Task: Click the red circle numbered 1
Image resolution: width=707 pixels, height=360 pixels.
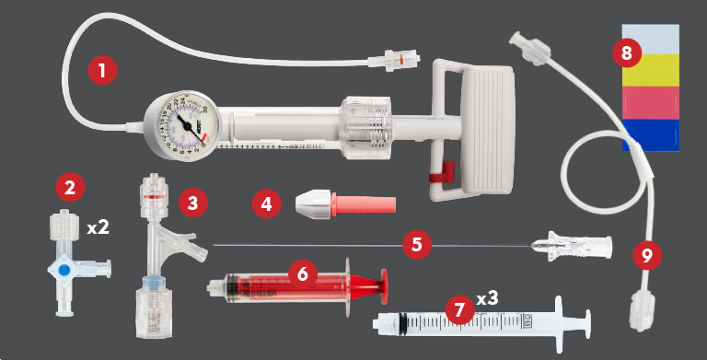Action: point(102,70)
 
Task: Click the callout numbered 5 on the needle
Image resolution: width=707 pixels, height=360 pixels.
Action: point(417,244)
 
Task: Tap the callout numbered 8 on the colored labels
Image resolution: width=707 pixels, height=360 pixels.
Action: point(627,52)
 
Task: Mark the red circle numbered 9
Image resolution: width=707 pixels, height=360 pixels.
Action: point(648,255)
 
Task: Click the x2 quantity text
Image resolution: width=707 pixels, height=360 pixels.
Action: point(99,226)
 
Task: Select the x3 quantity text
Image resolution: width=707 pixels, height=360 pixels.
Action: point(490,298)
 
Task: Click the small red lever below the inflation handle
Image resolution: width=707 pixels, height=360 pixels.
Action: point(446,170)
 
